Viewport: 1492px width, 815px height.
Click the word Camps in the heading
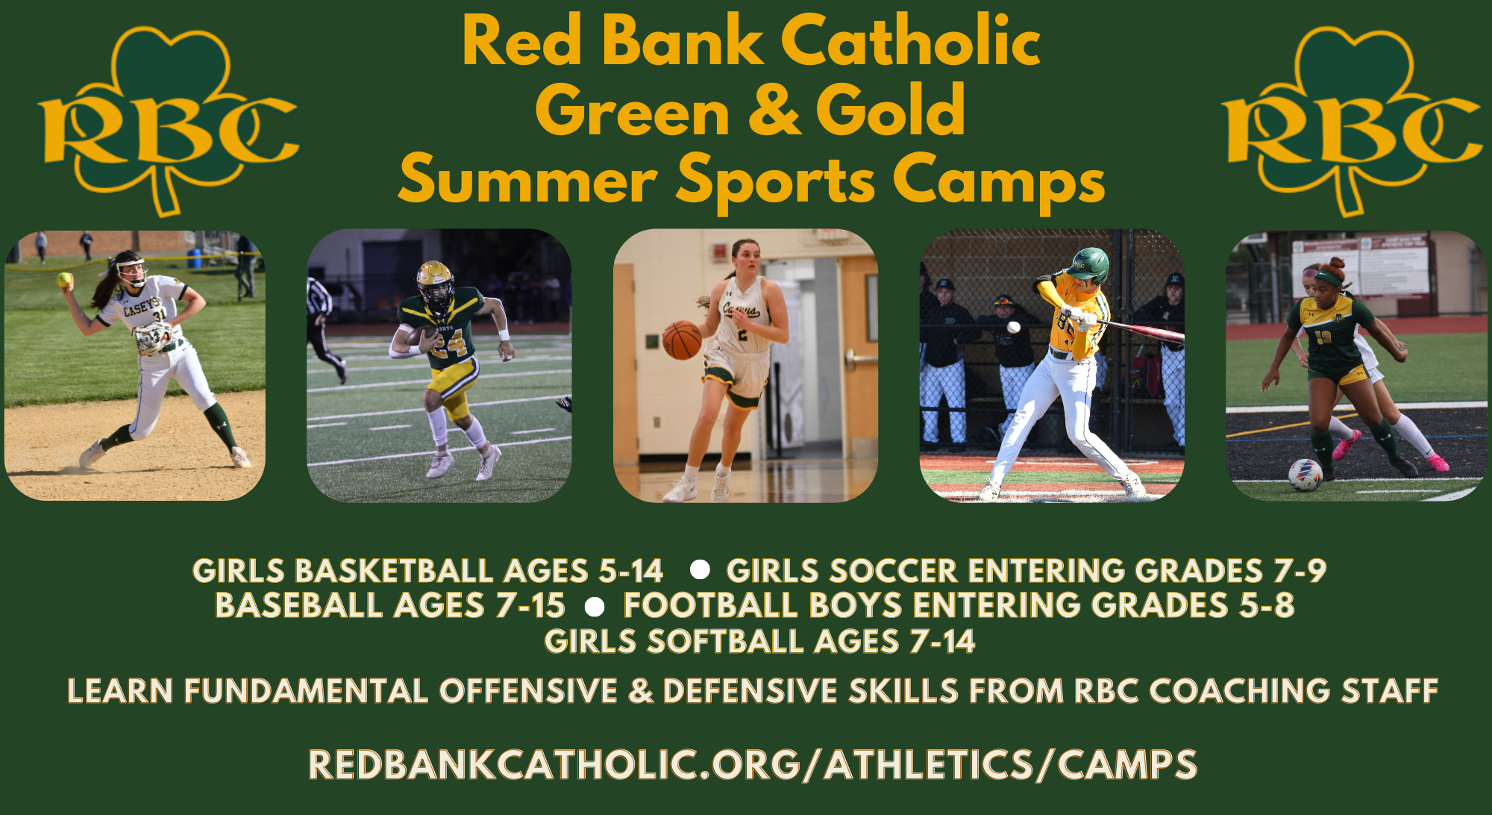(999, 181)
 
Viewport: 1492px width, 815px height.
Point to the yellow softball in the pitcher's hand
(65, 280)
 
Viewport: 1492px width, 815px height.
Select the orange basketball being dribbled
(682, 340)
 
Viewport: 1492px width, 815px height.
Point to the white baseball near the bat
(1013, 327)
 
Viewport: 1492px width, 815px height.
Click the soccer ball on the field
(1305, 475)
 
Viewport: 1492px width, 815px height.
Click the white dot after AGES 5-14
(700, 570)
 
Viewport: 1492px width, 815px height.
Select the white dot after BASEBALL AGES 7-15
(595, 607)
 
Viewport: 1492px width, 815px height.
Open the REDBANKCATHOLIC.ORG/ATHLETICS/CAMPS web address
(753, 765)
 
